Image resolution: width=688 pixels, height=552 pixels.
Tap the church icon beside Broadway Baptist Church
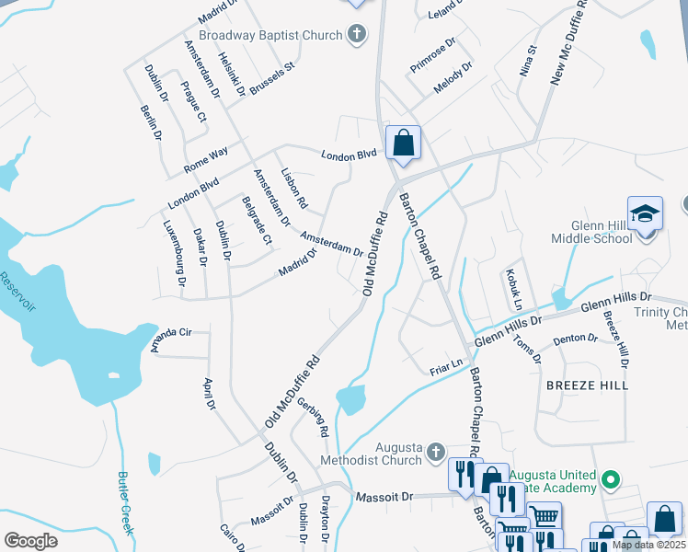click(x=357, y=35)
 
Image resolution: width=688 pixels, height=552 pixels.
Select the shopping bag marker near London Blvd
click(x=403, y=143)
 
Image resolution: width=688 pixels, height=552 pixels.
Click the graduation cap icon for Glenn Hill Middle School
click(x=646, y=213)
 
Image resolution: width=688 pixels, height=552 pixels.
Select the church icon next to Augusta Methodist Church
click(x=436, y=452)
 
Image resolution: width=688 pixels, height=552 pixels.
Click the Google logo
click(x=30, y=540)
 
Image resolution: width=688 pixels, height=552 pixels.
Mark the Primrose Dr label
click(x=433, y=49)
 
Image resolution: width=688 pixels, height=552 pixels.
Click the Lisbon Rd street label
click(x=293, y=189)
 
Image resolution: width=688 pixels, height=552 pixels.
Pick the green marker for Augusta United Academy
click(x=608, y=478)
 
